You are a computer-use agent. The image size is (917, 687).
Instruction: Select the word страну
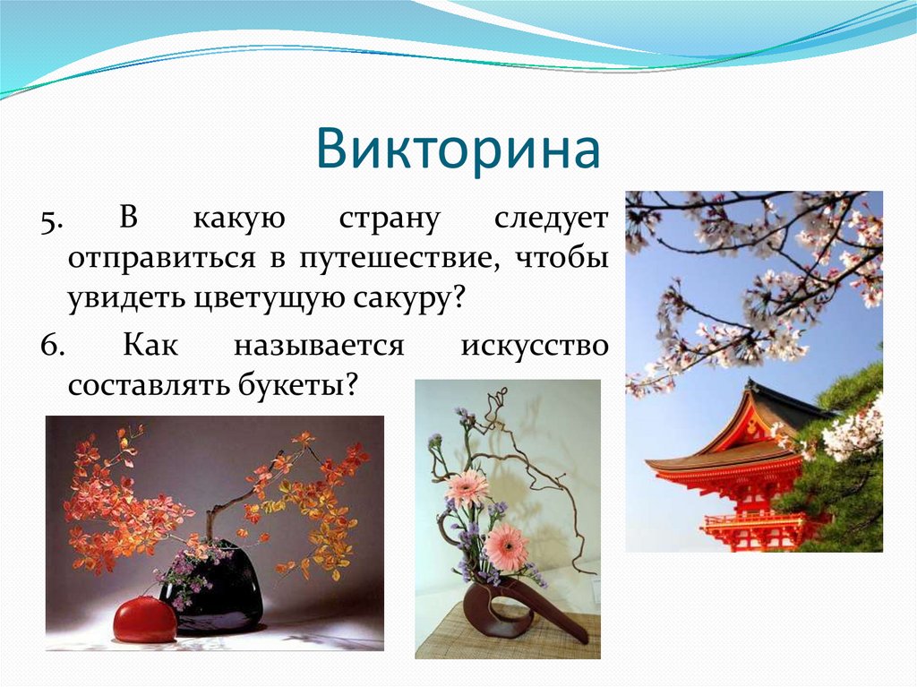[390, 219]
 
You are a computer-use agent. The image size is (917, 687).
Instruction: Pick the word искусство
[535, 346]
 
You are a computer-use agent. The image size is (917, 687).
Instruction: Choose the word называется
[320, 346]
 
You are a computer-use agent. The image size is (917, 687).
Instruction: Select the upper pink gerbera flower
[467, 488]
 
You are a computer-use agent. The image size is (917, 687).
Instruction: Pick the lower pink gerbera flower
[507, 546]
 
